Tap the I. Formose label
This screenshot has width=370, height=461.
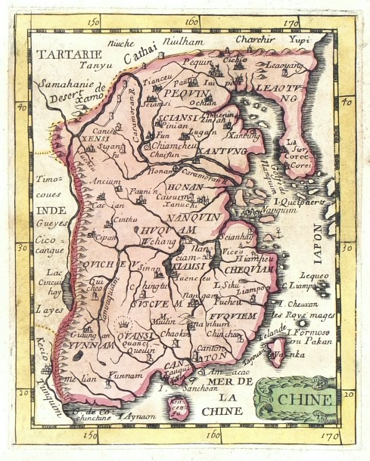point(309,333)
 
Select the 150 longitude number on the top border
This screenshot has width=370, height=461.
point(94,20)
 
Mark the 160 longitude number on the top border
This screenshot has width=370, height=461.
point(191,20)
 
